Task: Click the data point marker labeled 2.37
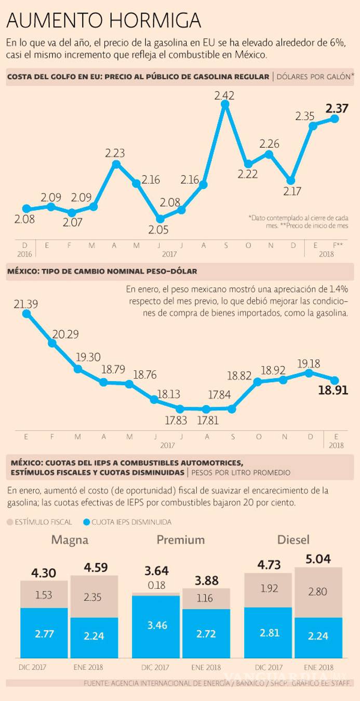pyautogui.click(x=335, y=118)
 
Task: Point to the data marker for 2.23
pyautogui.click(x=116, y=164)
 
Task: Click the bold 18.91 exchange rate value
pyautogui.click(x=334, y=390)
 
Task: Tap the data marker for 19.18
pyautogui.click(x=310, y=372)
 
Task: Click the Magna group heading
pyautogui.click(x=70, y=540)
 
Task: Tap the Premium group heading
pyautogui.click(x=181, y=540)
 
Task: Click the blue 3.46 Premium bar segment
pyautogui.click(x=156, y=626)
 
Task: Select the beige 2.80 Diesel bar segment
pyautogui.click(x=318, y=592)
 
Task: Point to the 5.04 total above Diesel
pyautogui.click(x=318, y=559)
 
